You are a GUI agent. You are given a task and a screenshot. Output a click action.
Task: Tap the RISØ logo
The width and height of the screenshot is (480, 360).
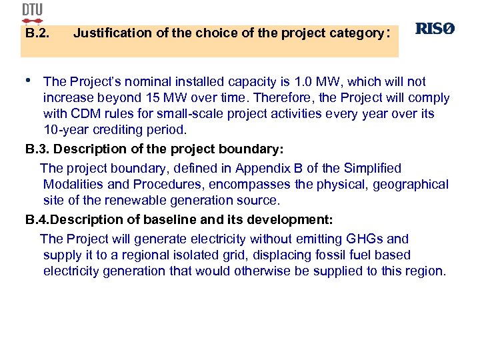pyautogui.click(x=435, y=29)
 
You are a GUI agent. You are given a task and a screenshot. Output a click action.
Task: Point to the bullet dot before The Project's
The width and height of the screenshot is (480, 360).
pyautogui.click(x=28, y=79)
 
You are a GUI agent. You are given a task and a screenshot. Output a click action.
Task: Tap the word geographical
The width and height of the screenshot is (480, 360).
pyautogui.click(x=410, y=185)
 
